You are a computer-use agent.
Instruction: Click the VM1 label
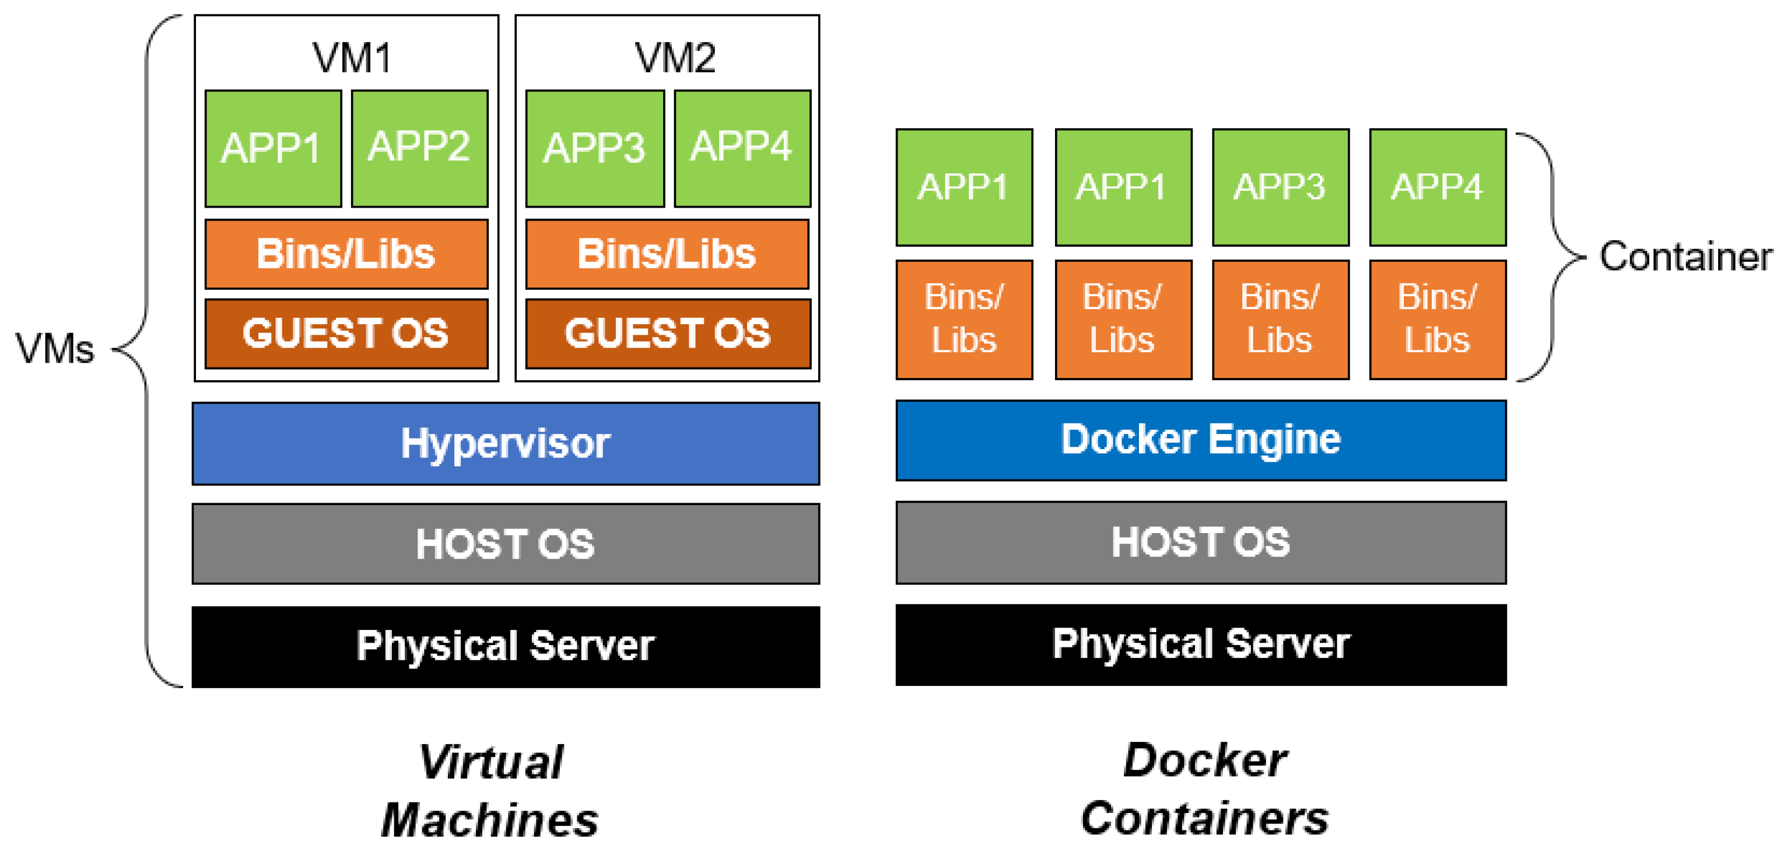(352, 58)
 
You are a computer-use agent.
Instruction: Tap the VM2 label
(675, 58)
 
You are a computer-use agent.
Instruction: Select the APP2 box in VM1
(420, 148)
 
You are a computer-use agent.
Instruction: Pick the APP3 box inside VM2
(595, 148)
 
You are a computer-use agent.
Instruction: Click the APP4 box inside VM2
(742, 148)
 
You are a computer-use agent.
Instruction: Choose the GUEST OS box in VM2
(668, 334)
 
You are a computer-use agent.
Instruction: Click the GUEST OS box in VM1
(346, 334)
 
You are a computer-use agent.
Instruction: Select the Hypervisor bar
(506, 444)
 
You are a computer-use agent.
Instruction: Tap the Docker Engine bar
(1201, 440)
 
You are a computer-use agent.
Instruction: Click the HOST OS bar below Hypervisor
(506, 544)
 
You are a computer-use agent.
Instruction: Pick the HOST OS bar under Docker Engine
(1201, 542)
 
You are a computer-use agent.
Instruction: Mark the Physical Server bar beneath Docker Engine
(1201, 644)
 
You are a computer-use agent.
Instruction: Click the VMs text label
(55, 348)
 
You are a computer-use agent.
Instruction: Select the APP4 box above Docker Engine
(1438, 187)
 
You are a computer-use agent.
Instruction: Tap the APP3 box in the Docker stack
(1281, 187)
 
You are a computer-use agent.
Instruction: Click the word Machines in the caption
(490, 821)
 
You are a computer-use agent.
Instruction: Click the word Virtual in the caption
(491, 762)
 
